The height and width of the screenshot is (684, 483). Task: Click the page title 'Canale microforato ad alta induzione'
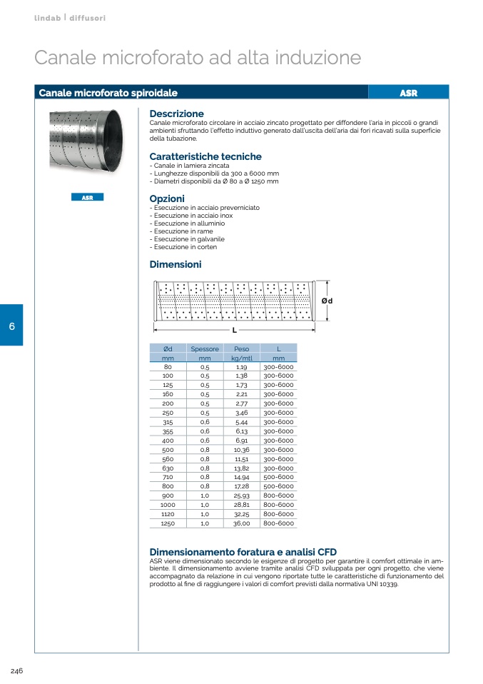[x=198, y=57]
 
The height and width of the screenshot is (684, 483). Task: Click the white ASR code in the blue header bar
[x=408, y=93]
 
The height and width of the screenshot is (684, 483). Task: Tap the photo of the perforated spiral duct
[x=86, y=140]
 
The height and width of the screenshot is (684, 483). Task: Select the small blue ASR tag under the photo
[x=87, y=197]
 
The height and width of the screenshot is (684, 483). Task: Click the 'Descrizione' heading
[x=176, y=114]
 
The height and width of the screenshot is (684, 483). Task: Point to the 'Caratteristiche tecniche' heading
[x=205, y=156]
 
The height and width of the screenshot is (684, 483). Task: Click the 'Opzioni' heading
[x=167, y=198]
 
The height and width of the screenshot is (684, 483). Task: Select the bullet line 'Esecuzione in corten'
[x=185, y=247]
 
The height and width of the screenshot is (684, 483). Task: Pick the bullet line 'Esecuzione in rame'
[x=183, y=231]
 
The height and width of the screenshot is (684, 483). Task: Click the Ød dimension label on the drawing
[x=327, y=301]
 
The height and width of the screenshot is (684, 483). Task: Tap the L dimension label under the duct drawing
[x=234, y=331]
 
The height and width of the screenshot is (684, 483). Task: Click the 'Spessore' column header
[x=205, y=349]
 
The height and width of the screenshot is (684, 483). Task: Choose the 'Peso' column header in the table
[x=242, y=349]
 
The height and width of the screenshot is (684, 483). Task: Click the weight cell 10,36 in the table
[x=242, y=450]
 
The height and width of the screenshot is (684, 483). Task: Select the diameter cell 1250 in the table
[x=168, y=523]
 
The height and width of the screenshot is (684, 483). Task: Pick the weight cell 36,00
[x=242, y=523]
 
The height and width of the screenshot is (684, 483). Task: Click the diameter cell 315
[x=168, y=422]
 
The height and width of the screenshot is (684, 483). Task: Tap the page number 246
[x=17, y=670]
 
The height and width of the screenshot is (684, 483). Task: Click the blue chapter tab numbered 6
[x=11, y=326]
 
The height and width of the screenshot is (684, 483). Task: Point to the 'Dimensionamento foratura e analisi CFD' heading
[x=243, y=552]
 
